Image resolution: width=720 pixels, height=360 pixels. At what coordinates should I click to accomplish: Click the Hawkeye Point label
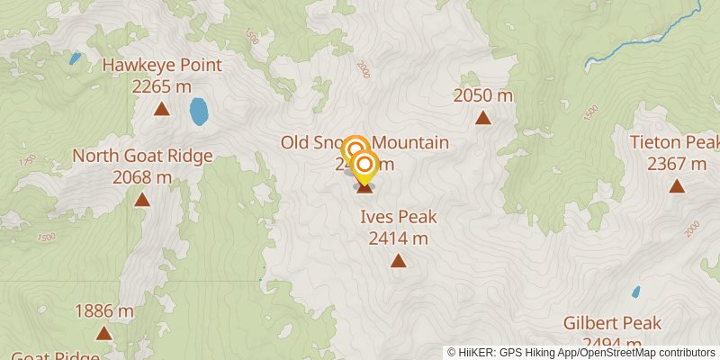(162, 66)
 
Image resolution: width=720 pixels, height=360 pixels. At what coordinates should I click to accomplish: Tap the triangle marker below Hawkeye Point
(162, 110)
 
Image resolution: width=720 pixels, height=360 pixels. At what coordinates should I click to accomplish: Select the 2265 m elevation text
(162, 86)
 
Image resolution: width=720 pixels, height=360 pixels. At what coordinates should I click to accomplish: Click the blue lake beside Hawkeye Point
(199, 112)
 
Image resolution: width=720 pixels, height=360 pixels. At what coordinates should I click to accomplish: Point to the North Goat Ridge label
(142, 156)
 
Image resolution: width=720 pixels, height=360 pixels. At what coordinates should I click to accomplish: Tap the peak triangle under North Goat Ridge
(142, 199)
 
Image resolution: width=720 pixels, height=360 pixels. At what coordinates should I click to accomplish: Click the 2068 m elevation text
(142, 176)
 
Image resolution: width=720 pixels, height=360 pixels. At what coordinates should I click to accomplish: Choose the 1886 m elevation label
(104, 311)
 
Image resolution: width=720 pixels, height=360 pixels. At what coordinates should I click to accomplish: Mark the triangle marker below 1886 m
(104, 334)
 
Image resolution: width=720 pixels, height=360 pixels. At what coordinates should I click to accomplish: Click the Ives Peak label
(398, 217)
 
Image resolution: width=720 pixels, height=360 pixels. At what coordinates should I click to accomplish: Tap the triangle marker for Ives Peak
(398, 261)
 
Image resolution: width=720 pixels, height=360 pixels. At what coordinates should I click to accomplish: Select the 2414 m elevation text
(398, 238)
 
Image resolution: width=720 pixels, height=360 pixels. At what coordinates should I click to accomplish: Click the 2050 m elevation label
(483, 95)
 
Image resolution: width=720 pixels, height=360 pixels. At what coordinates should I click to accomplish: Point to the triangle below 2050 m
(483, 117)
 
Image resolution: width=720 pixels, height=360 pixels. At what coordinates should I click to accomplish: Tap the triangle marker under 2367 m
(677, 186)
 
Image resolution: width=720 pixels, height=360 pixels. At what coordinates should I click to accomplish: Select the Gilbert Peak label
(613, 323)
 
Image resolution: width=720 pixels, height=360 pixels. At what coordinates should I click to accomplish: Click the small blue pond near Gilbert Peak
(636, 292)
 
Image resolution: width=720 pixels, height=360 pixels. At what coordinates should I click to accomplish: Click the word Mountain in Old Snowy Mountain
(410, 142)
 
